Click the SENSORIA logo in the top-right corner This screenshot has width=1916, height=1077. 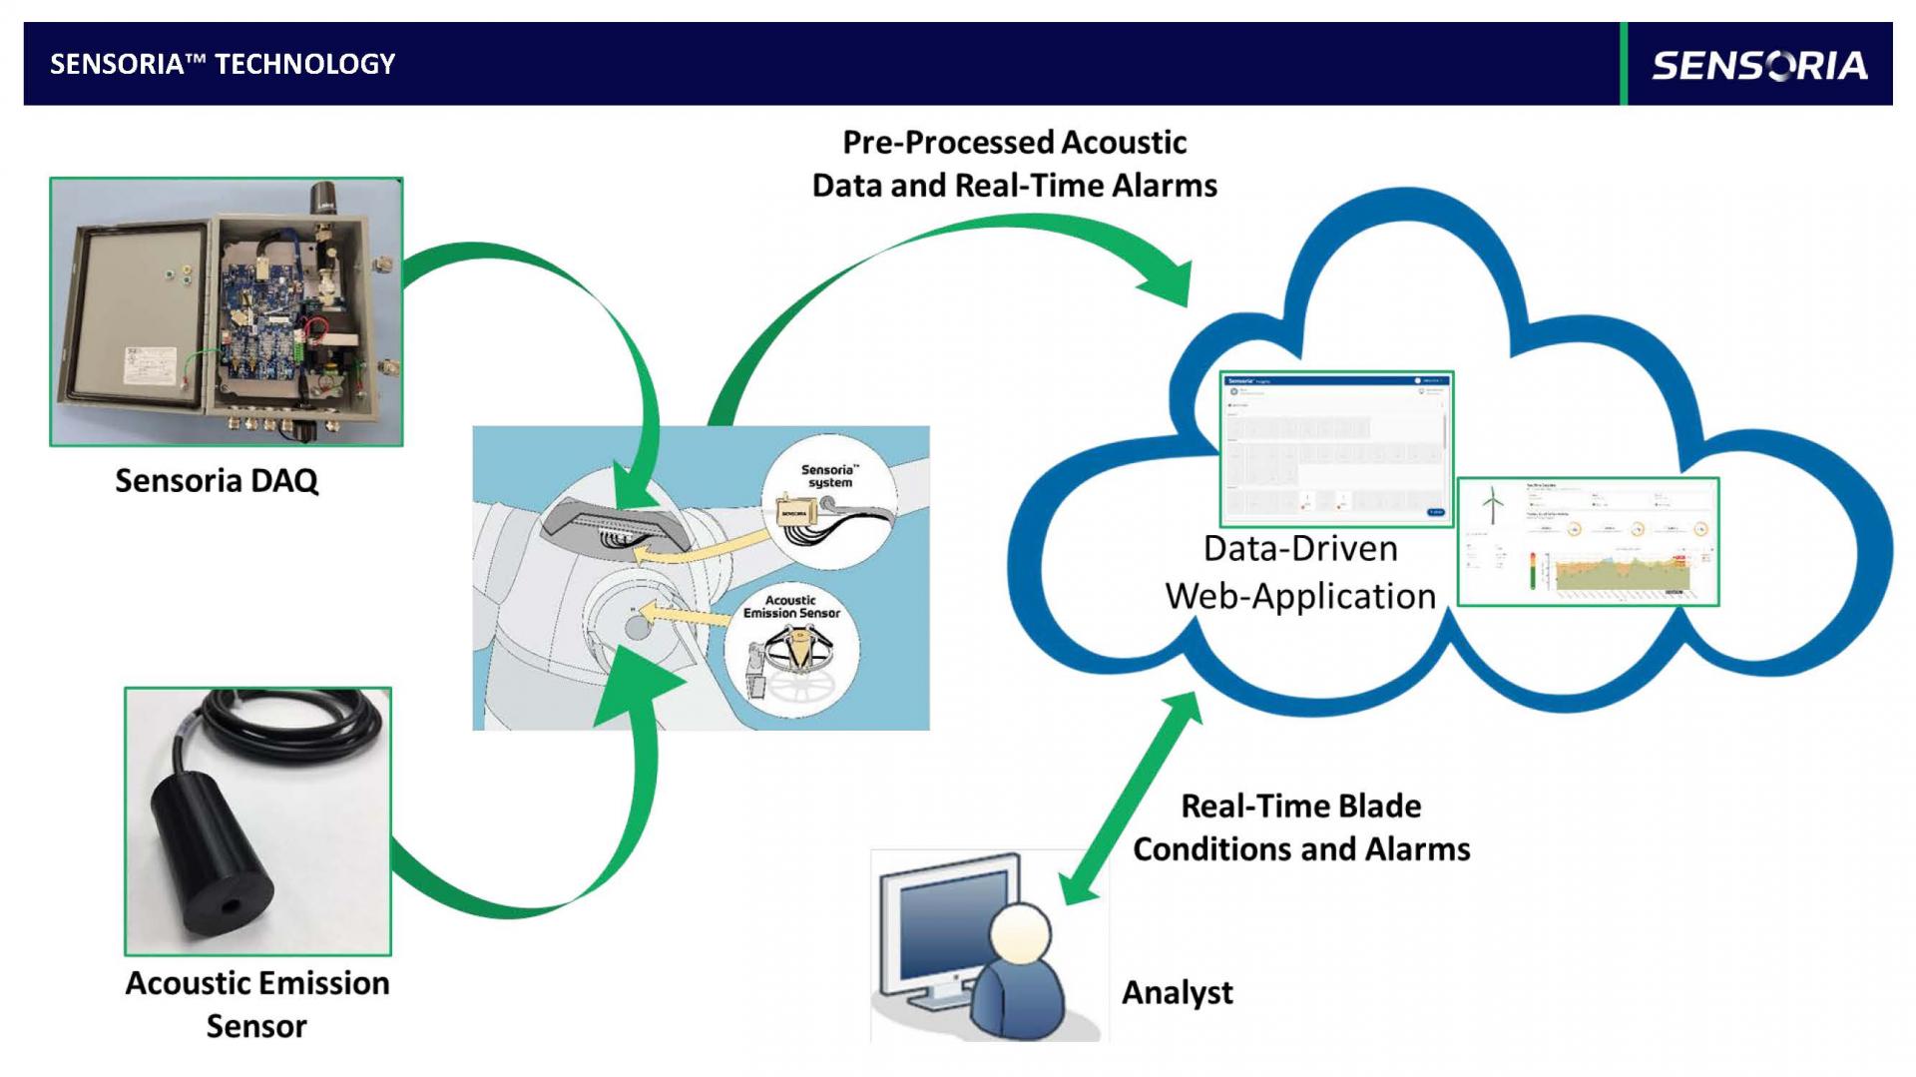[x=1758, y=65]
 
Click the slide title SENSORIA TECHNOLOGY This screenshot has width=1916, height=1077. [x=223, y=64]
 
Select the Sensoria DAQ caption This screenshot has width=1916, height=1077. [x=217, y=480]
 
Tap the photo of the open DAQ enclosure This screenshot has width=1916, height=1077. [x=227, y=311]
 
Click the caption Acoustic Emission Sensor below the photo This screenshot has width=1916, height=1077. [x=257, y=1004]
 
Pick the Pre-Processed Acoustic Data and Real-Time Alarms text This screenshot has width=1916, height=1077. [x=1014, y=164]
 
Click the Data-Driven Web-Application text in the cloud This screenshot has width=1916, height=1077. [x=1300, y=572]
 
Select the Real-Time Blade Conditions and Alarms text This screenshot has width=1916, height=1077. [x=1301, y=827]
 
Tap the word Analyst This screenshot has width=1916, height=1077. [x=1178, y=992]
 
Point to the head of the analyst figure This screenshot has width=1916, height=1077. [x=1020, y=934]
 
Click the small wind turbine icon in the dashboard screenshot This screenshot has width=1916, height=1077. [x=1492, y=504]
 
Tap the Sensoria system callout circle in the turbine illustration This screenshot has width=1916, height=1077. [x=828, y=504]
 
